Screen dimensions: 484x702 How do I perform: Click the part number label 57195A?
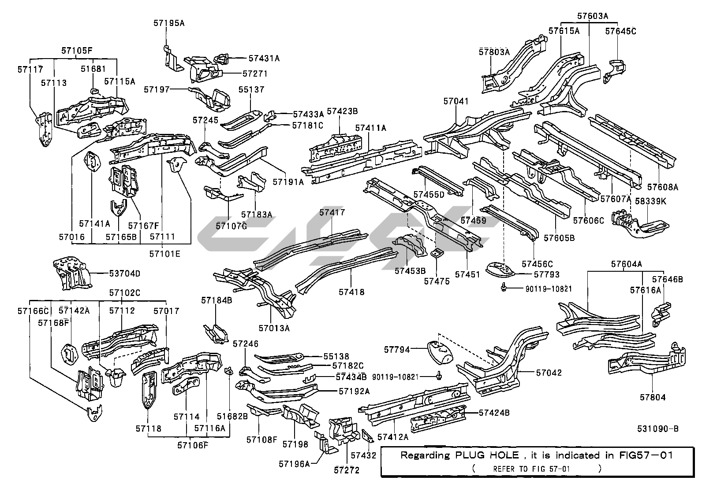tap(169, 23)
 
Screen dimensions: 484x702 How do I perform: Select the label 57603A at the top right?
tap(592, 16)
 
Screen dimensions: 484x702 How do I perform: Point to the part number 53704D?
tap(125, 273)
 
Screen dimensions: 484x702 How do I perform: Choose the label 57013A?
tap(274, 328)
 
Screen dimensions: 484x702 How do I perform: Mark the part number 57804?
tap(653, 397)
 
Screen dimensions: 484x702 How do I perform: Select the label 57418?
tap(351, 292)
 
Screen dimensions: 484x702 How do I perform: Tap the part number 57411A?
tap(371, 128)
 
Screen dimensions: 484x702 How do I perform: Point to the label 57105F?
tap(77, 50)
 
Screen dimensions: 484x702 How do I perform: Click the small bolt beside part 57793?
tap(503, 288)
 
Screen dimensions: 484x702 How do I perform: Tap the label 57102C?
tap(125, 293)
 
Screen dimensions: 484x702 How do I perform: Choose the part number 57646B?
tap(667, 279)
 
